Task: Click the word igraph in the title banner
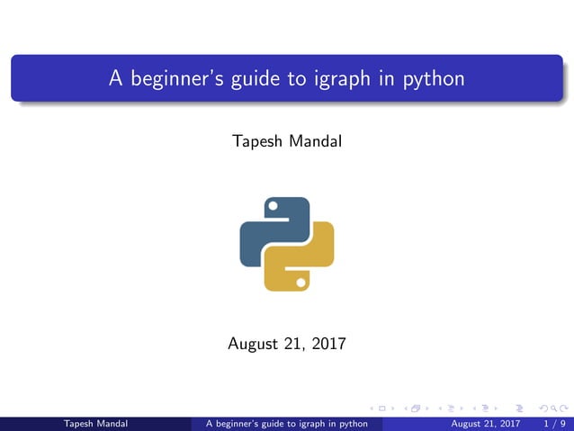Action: point(343,79)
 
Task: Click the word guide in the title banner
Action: point(255,79)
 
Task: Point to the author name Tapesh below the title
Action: point(256,142)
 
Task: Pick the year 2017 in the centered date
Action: point(327,343)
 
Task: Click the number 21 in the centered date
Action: point(293,343)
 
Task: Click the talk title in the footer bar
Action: point(287,423)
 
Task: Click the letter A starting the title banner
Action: point(115,79)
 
